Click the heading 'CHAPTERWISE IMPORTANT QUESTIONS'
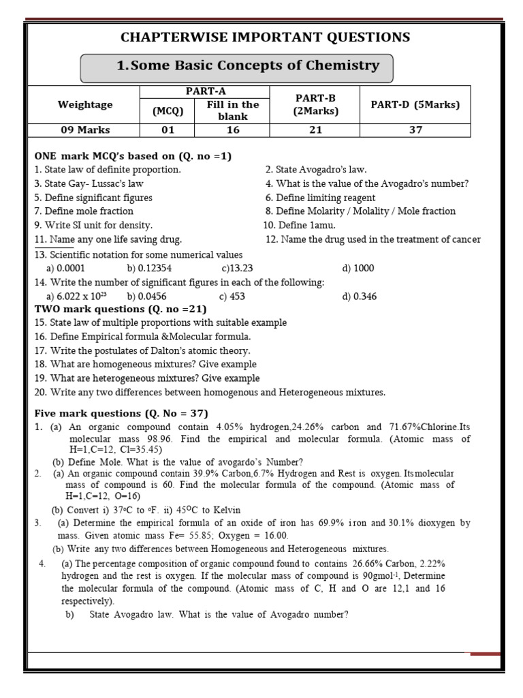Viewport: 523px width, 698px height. tap(265, 37)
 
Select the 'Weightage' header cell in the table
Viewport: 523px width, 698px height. tap(85, 105)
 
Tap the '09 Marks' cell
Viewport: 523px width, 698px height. tap(85, 130)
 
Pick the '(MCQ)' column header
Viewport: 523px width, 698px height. tap(168, 110)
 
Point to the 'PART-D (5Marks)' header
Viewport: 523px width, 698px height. tap(415, 105)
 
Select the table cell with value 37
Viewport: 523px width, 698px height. tap(415, 130)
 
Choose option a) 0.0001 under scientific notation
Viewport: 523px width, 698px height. tap(65, 269)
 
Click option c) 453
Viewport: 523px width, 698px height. tap(232, 297)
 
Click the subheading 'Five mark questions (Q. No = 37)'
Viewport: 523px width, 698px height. tap(121, 414)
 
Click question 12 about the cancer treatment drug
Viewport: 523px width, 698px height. tap(373, 239)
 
